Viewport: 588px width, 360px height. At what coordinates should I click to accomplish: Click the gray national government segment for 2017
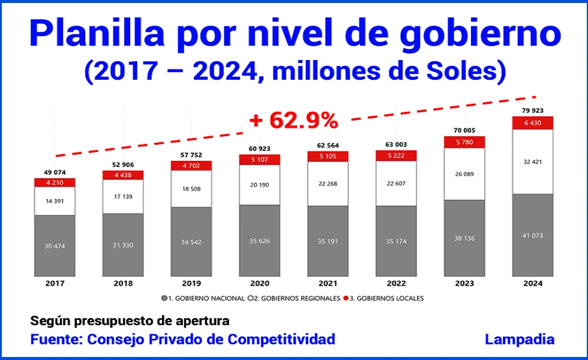(55, 246)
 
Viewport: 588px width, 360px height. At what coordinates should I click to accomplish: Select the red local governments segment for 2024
(532, 122)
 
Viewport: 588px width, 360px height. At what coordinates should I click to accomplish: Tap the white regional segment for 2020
(259, 185)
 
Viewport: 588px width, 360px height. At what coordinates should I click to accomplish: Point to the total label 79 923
(532, 110)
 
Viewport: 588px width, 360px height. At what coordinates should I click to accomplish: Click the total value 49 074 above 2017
(55, 172)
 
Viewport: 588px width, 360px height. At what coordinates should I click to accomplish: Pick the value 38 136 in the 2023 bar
(464, 238)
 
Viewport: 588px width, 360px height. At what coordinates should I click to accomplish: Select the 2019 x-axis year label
(191, 283)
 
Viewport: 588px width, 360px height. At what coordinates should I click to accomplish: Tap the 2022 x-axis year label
(396, 283)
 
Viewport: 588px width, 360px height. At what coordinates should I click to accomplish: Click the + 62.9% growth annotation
(294, 121)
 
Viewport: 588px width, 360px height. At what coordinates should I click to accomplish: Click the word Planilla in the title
(96, 34)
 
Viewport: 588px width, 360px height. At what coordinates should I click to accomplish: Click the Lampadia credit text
(519, 339)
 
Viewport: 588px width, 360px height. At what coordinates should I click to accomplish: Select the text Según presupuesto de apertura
(129, 321)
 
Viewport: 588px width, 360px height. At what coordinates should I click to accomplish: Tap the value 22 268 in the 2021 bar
(328, 184)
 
